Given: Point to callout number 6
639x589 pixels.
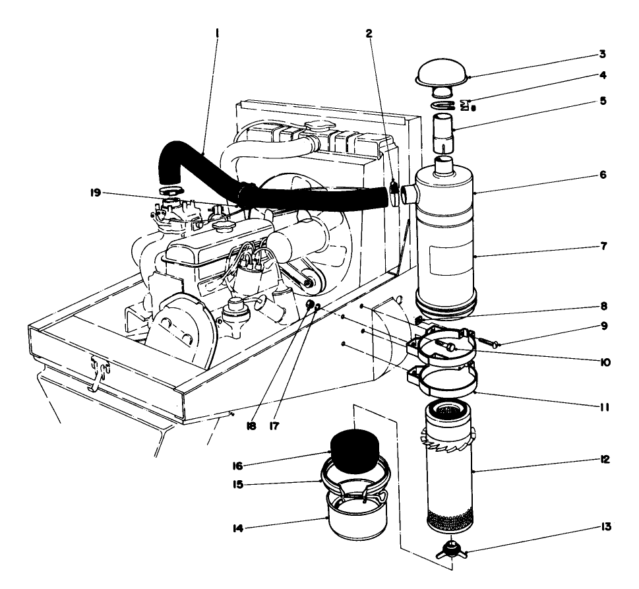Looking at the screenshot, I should (x=602, y=176).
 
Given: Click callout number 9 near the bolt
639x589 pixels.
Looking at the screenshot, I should (x=602, y=325).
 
